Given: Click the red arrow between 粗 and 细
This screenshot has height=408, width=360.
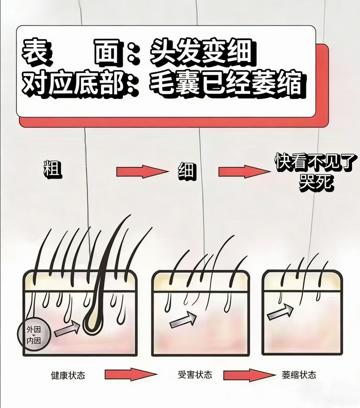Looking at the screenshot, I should (x=142, y=171).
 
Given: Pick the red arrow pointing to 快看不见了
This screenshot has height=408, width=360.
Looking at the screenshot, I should (x=244, y=171).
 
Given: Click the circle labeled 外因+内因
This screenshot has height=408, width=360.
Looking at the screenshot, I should (x=33, y=335).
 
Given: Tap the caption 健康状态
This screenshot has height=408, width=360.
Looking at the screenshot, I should (x=68, y=375).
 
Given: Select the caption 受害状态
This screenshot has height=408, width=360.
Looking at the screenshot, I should (x=195, y=375).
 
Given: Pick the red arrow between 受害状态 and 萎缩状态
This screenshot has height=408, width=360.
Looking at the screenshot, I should (x=247, y=375).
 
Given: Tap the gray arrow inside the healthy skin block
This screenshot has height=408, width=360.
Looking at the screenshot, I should (x=67, y=329).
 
